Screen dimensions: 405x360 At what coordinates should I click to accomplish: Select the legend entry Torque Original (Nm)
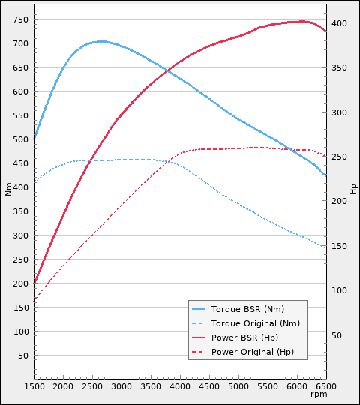point(255,323)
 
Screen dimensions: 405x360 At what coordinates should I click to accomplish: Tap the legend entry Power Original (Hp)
point(253,352)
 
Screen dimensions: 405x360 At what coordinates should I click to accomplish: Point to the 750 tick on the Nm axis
point(21,19)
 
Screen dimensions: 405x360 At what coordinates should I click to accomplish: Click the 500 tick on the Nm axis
point(21,139)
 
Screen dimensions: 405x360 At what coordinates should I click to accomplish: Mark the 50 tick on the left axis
point(23,355)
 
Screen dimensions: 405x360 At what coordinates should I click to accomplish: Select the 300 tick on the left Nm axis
point(21,235)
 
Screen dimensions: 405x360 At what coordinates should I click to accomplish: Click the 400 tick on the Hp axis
point(340,24)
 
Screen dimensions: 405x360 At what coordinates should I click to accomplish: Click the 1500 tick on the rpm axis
point(34,386)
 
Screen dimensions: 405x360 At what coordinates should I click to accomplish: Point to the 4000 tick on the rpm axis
point(180,386)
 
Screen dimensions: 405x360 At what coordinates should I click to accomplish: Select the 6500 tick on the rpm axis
point(325,386)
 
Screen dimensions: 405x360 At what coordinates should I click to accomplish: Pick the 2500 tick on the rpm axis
point(92,386)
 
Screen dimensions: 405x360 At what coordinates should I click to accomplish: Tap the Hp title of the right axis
point(353,188)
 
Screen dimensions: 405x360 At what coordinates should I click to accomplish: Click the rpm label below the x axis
point(319,394)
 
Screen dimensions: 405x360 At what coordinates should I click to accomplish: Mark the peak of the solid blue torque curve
point(100,41)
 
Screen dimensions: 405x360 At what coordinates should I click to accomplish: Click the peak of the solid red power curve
point(302,21)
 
